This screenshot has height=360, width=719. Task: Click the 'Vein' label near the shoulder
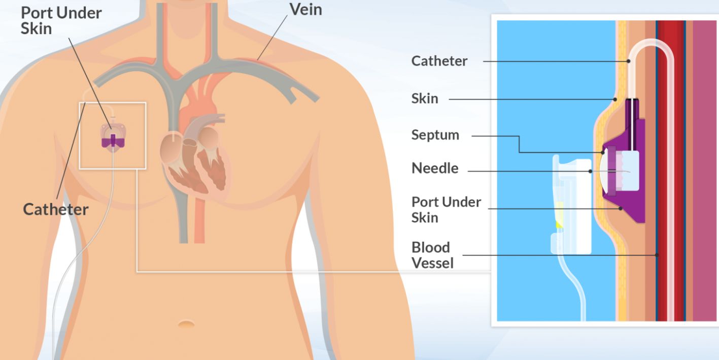tap(305, 10)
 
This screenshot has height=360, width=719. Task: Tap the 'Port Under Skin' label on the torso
tap(61, 20)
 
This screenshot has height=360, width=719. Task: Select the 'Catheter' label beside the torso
tap(55, 209)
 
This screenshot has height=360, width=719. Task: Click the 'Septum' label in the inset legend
tap(435, 135)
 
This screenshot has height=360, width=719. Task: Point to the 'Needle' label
tap(435, 168)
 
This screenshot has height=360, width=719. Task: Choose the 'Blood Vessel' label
tap(432, 255)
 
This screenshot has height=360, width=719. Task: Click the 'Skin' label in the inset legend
tap(425, 99)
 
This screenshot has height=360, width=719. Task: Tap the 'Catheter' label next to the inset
tap(439, 61)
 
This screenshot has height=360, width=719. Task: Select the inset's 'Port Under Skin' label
tap(446, 210)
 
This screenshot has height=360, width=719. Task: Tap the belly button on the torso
tap(186, 324)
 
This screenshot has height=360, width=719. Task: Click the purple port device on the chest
tap(113, 142)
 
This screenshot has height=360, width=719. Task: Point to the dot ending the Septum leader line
tap(602, 152)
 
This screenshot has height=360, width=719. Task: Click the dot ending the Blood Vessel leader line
tap(657, 255)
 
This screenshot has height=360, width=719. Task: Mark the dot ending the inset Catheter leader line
tap(629, 61)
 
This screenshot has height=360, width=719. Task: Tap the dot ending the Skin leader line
tap(615, 99)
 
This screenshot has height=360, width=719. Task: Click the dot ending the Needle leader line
tap(590, 171)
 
